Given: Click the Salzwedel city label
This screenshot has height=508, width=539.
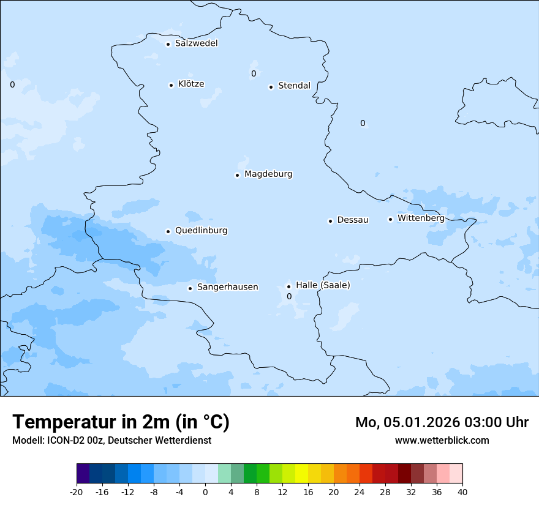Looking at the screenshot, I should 196,43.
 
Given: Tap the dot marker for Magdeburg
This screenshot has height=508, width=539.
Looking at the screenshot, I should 237,175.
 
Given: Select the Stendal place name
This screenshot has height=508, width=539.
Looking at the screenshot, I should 294,86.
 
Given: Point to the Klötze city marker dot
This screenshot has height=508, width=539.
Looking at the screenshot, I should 171,85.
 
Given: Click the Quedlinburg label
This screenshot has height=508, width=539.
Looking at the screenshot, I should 201,231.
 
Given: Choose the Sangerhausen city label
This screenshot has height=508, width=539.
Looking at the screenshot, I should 227,287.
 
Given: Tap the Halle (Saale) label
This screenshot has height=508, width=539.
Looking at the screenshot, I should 323,285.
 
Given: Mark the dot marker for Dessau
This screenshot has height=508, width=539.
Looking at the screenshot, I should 330,221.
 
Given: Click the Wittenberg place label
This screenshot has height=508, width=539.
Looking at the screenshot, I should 421,218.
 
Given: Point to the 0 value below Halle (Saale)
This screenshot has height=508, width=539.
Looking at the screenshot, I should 289,297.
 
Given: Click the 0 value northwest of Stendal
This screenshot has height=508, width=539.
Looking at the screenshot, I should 254,74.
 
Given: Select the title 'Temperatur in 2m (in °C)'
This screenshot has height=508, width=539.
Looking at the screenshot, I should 121,422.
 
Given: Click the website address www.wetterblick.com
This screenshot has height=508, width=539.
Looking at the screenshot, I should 442,440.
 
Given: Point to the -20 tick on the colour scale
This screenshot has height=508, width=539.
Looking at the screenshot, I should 77,491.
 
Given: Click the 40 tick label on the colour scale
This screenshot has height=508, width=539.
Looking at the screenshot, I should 462,491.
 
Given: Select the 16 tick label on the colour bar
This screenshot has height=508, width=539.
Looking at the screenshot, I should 308,491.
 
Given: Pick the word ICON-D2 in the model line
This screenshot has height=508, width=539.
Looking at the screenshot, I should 64,440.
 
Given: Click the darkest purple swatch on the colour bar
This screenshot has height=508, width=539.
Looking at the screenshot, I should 83,474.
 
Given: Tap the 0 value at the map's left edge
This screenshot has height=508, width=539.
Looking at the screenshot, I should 12,85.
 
